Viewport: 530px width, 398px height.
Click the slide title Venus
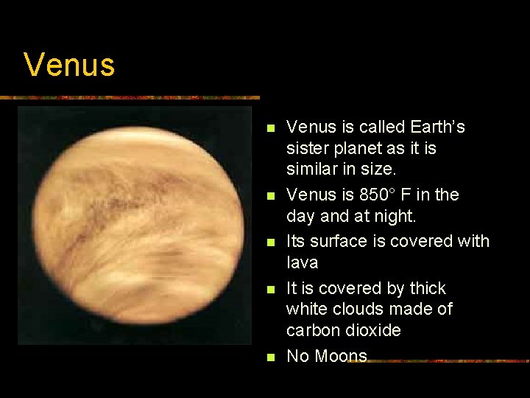[x=69, y=65]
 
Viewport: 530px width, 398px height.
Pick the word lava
[x=302, y=262]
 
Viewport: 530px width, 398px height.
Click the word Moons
[x=341, y=357]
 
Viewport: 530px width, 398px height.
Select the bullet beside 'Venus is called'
[x=270, y=128]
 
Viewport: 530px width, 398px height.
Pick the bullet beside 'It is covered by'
[x=270, y=289]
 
